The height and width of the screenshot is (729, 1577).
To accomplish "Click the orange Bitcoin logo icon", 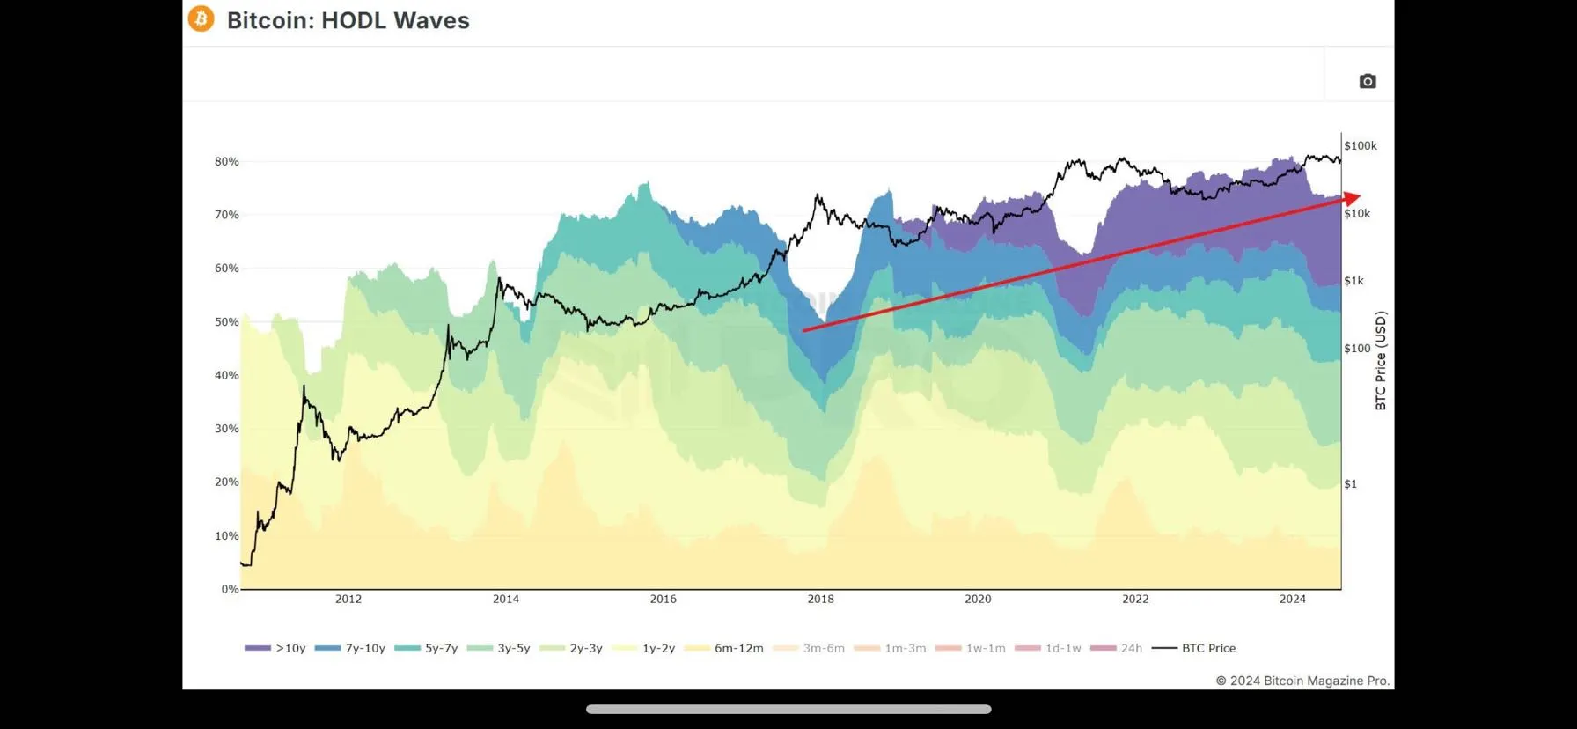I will (x=202, y=18).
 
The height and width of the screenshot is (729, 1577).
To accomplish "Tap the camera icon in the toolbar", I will (x=1367, y=81).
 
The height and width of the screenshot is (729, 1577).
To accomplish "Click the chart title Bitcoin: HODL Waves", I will (x=348, y=20).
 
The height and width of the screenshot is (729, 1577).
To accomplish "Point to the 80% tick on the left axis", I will (x=227, y=162).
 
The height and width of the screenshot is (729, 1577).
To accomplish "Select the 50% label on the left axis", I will (x=227, y=322).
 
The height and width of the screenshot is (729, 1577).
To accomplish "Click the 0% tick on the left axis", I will (x=230, y=589).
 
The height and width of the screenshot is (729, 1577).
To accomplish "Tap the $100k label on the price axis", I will (x=1361, y=146).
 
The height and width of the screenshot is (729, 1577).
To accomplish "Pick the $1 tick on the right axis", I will (x=1351, y=484).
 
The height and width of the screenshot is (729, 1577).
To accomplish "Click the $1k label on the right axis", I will (x=1353, y=281).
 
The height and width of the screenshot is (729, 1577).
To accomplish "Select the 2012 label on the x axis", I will (x=348, y=600).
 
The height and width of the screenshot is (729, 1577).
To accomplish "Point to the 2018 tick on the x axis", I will (x=820, y=600).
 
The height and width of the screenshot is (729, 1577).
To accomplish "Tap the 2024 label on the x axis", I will (x=1293, y=600).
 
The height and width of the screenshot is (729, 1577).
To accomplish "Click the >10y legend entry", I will (x=275, y=648).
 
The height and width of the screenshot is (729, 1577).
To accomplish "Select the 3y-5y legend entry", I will (x=499, y=648).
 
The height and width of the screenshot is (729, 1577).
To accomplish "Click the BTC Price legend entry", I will (x=1194, y=648).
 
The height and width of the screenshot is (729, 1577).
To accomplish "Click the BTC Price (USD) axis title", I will (x=1381, y=361).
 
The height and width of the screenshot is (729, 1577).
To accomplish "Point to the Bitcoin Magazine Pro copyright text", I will (x=1302, y=681).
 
